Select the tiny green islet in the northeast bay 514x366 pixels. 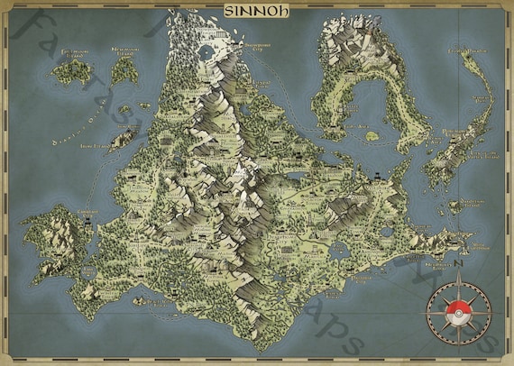[370, 136]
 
